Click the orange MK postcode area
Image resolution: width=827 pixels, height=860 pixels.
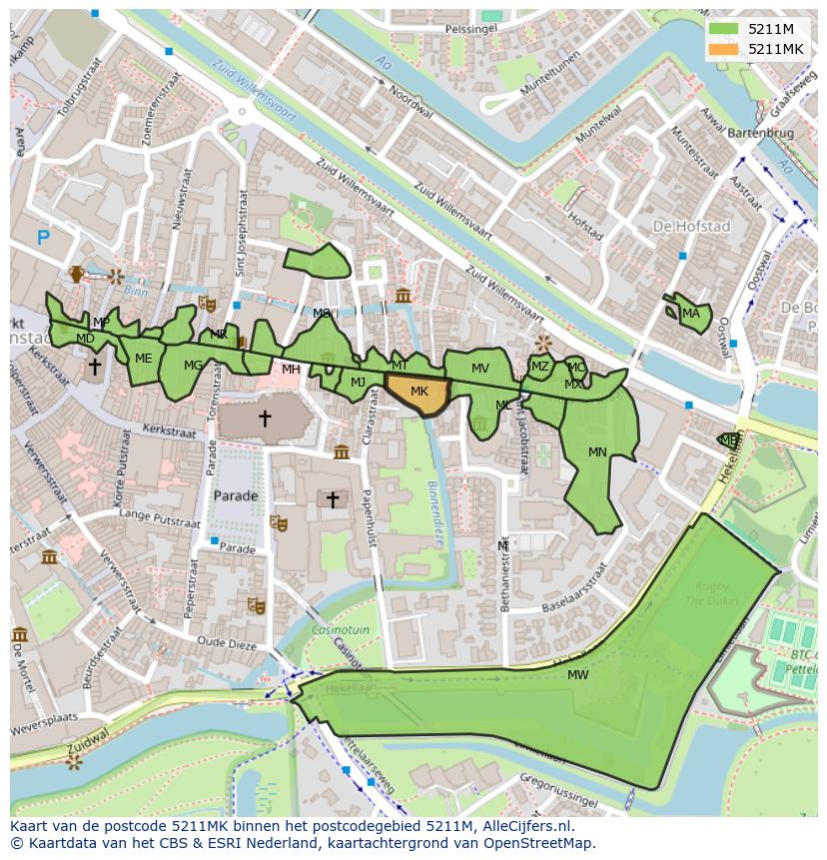[x=418, y=393]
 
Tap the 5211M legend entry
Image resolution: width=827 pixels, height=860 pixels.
[x=768, y=29]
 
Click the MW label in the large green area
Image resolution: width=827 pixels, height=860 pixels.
[x=577, y=675]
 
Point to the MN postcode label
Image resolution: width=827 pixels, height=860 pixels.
[x=597, y=452]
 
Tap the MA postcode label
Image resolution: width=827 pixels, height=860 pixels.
[x=690, y=314]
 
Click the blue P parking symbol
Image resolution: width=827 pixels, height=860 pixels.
[x=43, y=238]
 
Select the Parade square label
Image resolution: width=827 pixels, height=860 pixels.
[x=236, y=495]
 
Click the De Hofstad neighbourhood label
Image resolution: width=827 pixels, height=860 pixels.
[x=691, y=227]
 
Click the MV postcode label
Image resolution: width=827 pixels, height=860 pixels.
[x=480, y=369]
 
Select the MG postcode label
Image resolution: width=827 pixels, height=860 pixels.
[x=193, y=366]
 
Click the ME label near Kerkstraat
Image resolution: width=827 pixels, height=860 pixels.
[x=144, y=359]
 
